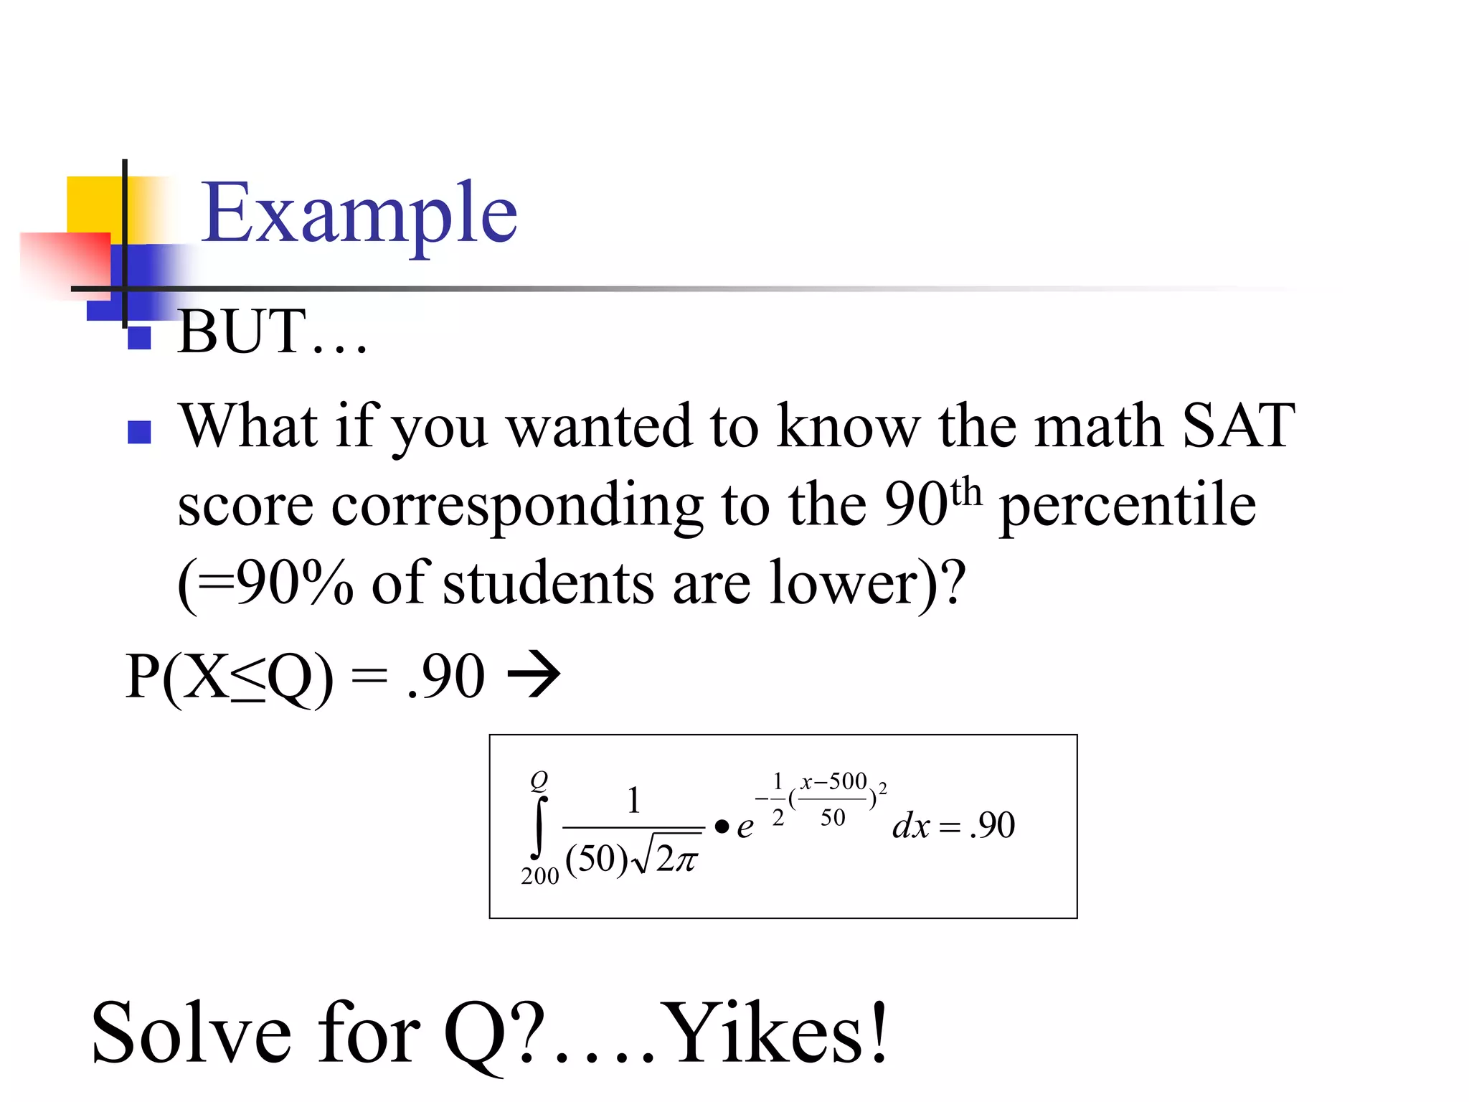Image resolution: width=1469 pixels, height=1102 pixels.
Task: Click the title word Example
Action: tap(359, 213)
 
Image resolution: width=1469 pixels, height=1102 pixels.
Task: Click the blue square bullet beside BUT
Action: tap(139, 337)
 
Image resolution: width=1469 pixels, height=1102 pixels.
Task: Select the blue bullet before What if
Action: tap(139, 432)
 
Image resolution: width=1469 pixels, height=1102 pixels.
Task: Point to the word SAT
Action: tap(1238, 426)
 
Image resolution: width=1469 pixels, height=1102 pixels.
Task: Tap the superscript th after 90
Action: tap(965, 492)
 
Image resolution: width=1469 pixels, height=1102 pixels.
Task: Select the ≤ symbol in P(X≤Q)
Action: tap(247, 679)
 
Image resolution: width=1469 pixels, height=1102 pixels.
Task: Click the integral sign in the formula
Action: tap(539, 826)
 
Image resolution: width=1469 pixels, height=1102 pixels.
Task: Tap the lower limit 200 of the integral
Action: tap(539, 876)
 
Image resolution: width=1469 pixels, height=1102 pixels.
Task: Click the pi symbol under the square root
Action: tap(686, 860)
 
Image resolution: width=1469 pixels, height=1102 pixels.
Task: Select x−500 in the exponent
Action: tap(834, 781)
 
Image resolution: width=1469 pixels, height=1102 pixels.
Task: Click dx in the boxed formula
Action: tap(911, 826)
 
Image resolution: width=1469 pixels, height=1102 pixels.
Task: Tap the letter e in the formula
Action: tap(745, 827)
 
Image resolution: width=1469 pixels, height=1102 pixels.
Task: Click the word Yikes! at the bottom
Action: tap(775, 1033)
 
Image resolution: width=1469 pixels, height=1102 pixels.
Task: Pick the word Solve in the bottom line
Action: tap(192, 1033)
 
